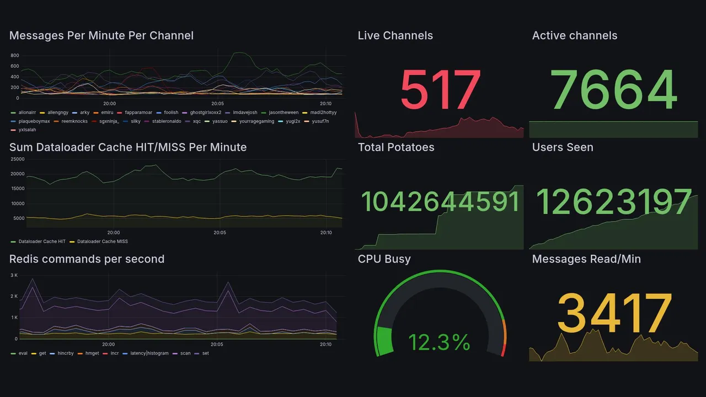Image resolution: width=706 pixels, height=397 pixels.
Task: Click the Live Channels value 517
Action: [440, 90]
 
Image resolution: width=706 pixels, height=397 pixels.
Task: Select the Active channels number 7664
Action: [613, 90]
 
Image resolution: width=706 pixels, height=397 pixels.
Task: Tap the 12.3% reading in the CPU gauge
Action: [439, 342]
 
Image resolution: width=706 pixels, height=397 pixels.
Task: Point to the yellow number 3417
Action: [614, 314]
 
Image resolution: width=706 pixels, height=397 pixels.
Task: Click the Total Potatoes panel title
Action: [395, 147]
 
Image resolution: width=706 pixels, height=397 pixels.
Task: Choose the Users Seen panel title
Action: [563, 147]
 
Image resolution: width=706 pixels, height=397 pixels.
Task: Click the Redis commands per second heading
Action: [87, 259]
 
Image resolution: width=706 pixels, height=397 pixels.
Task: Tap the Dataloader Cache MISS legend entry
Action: [102, 242]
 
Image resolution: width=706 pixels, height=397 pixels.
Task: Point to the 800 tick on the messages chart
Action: [14, 56]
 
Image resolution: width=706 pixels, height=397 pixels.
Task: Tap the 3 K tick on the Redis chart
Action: [14, 275]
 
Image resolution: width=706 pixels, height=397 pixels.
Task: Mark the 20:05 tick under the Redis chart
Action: [217, 345]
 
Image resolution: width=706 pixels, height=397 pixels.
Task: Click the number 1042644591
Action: [440, 202]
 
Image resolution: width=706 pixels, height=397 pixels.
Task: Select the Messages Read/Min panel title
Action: [586, 259]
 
